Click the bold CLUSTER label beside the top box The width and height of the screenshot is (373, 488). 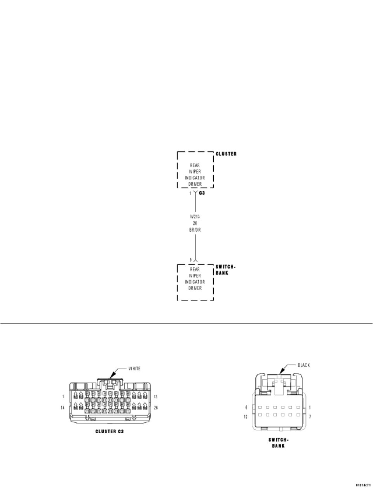tap(226, 154)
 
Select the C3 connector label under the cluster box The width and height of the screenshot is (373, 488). tap(202, 193)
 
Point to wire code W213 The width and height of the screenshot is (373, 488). tap(195, 217)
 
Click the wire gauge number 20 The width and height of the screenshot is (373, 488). tap(195, 223)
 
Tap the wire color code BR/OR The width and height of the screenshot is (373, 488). tap(195, 230)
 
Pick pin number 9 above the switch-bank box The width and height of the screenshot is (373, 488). tap(190, 260)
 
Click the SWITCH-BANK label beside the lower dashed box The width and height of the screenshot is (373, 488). tap(225, 270)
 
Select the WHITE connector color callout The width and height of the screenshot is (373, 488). tap(134, 368)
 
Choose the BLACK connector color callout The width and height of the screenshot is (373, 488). tap(304, 365)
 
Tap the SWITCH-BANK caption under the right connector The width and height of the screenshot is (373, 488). tap(278, 443)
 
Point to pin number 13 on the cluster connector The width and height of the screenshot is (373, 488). tap(155, 397)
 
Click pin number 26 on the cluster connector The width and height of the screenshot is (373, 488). tap(155, 407)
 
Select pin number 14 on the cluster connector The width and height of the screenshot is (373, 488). tap(62, 407)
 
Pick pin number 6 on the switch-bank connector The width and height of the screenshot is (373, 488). tap(246, 408)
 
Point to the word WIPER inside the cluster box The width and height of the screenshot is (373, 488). tap(195, 172)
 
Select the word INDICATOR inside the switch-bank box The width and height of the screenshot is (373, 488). tap(195, 282)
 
